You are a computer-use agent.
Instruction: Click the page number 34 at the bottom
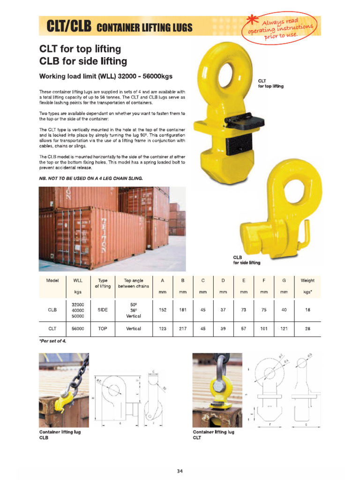tap(180, 471)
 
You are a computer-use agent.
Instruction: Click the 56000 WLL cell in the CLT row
tap(78, 329)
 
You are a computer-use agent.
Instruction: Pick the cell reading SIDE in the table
tap(102, 310)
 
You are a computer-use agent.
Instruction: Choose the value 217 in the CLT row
tap(183, 329)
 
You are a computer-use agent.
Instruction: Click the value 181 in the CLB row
tap(183, 310)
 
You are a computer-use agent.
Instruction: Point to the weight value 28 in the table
tap(307, 329)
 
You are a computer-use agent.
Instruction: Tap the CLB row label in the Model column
tap(52, 310)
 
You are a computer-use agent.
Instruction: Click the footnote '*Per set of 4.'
tap(53, 340)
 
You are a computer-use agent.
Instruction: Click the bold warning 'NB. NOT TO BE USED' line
tap(97, 178)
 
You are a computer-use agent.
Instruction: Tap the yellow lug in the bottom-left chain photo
tap(61, 402)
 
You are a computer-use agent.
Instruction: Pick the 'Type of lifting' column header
tap(102, 283)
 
